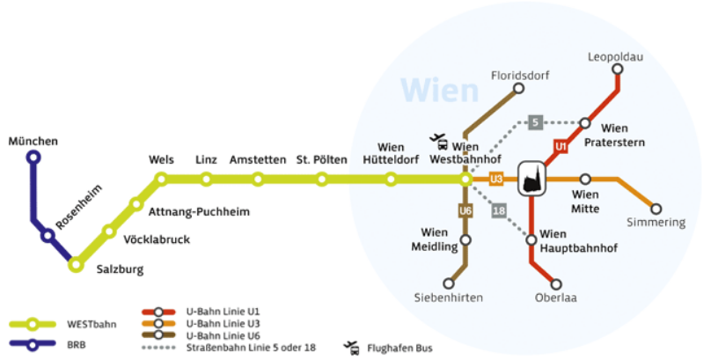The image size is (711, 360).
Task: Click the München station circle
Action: point(33,158)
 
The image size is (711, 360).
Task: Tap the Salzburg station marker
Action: point(77,263)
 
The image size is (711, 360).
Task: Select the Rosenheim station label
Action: point(79,208)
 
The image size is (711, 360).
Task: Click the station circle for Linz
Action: point(206,180)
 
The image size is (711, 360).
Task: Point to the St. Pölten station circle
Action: point(322,180)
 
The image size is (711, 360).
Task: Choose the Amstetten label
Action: point(258,160)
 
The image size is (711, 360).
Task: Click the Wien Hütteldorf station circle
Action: point(391,180)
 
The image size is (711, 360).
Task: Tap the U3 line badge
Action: point(495,180)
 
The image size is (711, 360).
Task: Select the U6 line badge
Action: point(466,211)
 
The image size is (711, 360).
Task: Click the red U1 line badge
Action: point(560,146)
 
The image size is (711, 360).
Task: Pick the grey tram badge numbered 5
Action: point(535,122)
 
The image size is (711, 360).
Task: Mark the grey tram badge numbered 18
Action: point(498,210)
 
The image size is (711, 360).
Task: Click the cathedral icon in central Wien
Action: point(531,179)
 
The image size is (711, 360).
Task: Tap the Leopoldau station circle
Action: point(618,69)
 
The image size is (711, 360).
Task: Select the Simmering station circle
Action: point(656,209)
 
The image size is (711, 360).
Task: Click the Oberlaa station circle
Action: point(556,283)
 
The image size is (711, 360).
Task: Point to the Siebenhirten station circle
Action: point(449,283)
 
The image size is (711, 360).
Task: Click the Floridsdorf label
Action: point(519,76)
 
